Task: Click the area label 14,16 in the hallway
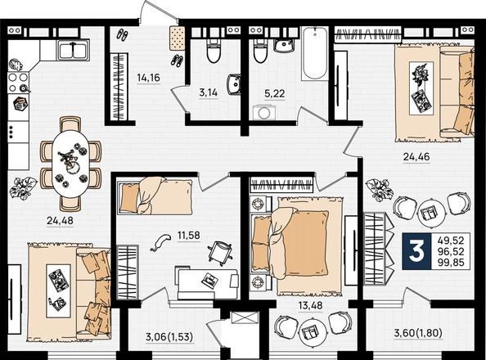click(x=148, y=78)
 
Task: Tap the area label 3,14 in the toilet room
click(x=209, y=92)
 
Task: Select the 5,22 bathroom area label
click(x=275, y=93)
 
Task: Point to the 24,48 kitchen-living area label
click(x=60, y=220)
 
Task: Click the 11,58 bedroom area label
click(x=189, y=236)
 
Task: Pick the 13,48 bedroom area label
click(x=310, y=305)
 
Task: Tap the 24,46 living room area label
click(x=416, y=157)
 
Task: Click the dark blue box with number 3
click(x=416, y=251)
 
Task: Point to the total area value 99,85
click(x=451, y=263)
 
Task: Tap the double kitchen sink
click(x=73, y=51)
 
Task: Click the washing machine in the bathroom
click(x=263, y=112)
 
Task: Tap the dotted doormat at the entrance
click(x=177, y=38)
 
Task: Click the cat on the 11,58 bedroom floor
click(x=160, y=242)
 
